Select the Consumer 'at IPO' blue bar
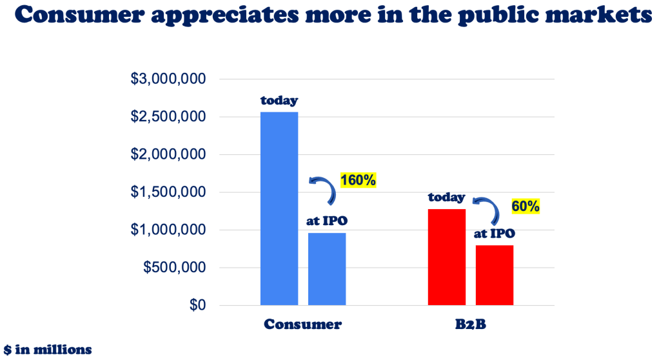coord(327,268)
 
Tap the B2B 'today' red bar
coord(447,257)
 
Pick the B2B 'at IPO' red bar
coord(495,275)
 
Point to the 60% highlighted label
coord(525,207)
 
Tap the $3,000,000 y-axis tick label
coord(168,79)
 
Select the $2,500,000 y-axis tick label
coord(168,117)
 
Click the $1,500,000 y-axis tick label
coord(168,192)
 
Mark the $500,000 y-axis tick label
coord(172,268)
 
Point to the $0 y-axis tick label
coord(197,305)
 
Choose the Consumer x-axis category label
coord(302,325)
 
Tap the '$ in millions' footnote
coord(47,350)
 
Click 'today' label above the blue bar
coord(279,101)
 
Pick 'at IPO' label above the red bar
coord(495,234)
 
